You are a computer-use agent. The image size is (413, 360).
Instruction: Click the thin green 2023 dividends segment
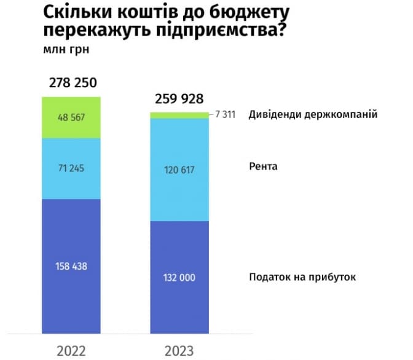[x=179, y=115]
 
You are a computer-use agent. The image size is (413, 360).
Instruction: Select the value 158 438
[x=71, y=266]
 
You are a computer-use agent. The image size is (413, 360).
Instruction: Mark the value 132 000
[x=179, y=278]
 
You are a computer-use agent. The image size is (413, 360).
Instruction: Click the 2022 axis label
[x=71, y=350]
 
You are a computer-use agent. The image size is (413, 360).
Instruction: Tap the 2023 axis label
[x=179, y=350]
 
